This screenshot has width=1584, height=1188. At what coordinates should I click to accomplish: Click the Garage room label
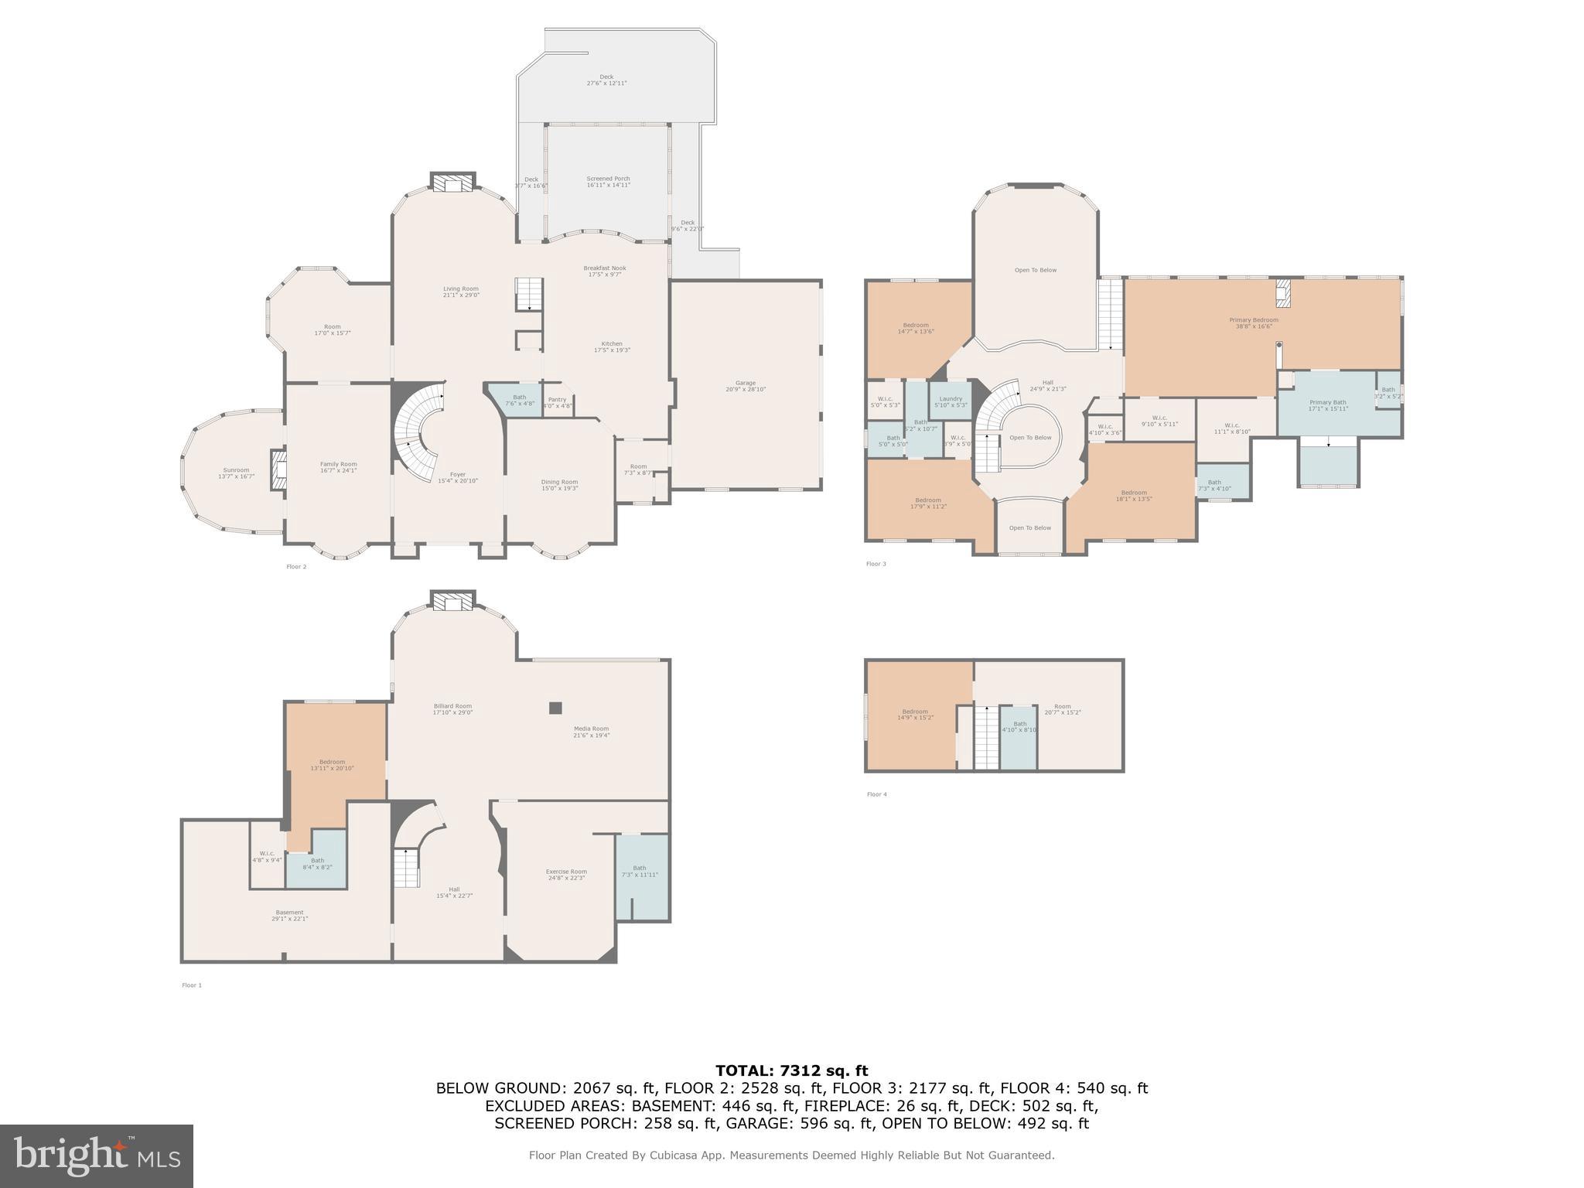point(745,386)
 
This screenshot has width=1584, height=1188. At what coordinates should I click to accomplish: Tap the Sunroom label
point(236,473)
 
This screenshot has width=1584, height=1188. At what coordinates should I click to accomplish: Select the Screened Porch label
point(608,182)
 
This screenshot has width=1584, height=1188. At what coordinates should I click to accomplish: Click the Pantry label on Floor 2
point(557,402)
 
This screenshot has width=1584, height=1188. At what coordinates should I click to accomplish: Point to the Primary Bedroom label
point(1254,323)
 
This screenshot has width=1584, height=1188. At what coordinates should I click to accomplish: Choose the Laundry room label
point(951,401)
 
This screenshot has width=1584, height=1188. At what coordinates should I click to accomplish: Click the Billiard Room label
point(452,708)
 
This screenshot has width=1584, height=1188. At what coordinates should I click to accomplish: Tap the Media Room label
point(591,732)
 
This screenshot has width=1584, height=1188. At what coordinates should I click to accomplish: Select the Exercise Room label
point(566,874)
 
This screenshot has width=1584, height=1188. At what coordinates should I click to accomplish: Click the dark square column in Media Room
point(555,707)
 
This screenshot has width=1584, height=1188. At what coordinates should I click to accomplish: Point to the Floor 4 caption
point(876,794)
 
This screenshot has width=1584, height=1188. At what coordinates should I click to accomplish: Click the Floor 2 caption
point(296,567)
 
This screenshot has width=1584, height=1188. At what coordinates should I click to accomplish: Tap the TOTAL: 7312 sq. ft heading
point(791,1070)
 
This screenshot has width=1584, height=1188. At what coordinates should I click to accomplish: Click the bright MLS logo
point(97,1156)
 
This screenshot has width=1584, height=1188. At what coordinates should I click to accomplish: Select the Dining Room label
point(559,485)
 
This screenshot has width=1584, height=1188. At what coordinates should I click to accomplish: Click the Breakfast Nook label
point(605,271)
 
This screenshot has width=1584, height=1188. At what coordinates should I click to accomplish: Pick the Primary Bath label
point(1328,405)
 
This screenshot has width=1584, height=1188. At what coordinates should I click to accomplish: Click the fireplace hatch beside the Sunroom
point(278,470)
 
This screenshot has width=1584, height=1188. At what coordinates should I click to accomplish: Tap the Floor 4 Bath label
point(1019,726)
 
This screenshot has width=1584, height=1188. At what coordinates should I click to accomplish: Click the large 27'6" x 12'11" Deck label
point(606,80)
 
